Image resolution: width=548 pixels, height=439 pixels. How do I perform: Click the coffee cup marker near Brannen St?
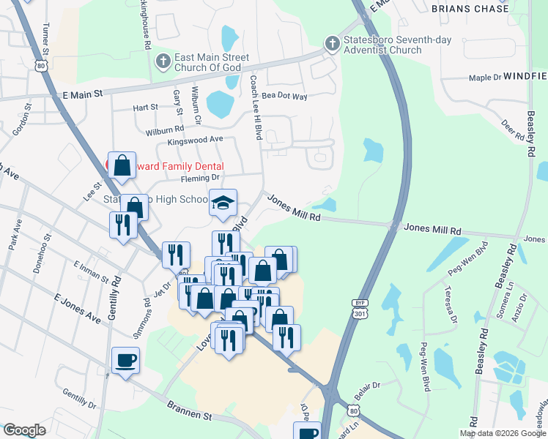point(126,361)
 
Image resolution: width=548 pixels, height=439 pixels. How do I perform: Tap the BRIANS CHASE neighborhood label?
point(470,9)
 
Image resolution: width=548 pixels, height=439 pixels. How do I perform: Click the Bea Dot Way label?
point(284,96)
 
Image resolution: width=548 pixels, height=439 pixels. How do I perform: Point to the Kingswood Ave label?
point(195,139)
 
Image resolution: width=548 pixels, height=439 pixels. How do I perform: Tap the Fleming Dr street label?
point(200,178)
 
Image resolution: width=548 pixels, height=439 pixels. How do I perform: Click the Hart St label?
point(145,108)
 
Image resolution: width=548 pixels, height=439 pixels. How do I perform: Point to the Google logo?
point(24,430)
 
